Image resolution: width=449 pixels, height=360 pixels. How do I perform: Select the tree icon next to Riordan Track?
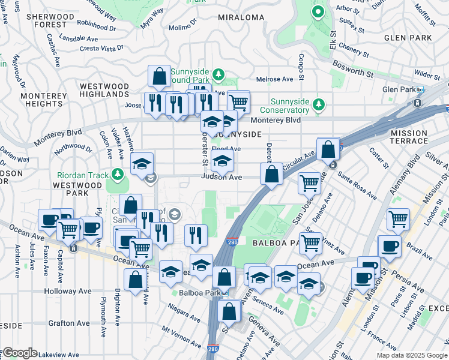(118, 175)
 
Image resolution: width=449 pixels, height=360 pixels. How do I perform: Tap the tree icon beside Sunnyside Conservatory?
(319, 106)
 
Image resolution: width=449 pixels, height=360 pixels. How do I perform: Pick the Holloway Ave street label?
(68, 291)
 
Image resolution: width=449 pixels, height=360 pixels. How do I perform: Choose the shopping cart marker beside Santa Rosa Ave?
(309, 183)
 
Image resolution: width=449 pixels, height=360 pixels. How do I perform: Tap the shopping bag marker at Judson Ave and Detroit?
(271, 175)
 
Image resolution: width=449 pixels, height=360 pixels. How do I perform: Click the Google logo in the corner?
(20, 353)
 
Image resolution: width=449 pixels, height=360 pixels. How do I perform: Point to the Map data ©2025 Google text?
(411, 355)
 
